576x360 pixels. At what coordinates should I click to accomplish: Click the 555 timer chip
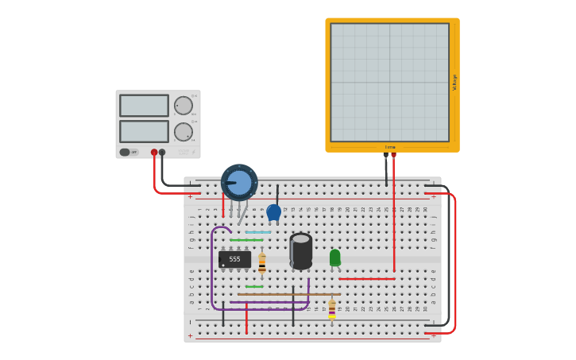234,259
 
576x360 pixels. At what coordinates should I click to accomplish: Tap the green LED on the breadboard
334,257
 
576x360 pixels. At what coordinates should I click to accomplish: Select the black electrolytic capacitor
300,250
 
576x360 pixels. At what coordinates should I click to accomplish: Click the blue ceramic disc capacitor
273,212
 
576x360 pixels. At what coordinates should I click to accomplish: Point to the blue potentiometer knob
239,183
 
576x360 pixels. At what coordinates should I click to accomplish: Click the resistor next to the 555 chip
262,263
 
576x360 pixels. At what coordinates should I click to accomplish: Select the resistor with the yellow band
332,309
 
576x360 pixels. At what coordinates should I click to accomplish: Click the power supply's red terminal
154,152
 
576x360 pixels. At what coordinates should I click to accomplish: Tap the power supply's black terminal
162,152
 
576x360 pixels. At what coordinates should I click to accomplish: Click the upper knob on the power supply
184,106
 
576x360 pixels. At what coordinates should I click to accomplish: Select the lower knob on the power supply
184,132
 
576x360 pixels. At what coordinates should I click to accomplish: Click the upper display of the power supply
144,106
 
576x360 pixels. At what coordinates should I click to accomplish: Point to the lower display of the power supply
144,131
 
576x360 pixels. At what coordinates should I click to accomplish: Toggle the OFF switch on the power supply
128,152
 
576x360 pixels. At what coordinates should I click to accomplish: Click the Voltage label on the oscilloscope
454,82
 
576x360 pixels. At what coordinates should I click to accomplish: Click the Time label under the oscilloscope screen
390,147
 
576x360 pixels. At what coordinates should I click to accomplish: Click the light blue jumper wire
258,232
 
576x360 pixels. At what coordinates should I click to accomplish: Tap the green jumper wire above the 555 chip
246,240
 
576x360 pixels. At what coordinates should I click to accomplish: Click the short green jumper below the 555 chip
254,286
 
